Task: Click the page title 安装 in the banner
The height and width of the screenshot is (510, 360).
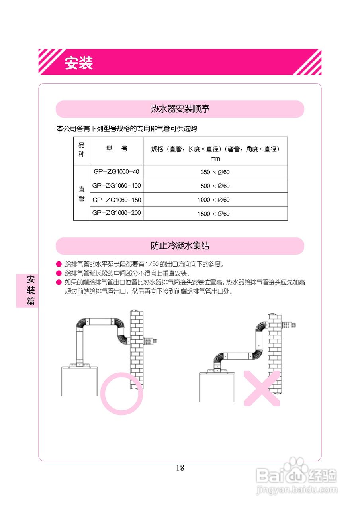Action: coord(79,63)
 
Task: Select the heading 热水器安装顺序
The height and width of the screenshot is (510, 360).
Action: coord(180,109)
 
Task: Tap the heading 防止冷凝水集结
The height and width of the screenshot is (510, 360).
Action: coord(180,246)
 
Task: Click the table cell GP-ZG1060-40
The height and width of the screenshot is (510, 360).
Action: coord(116,172)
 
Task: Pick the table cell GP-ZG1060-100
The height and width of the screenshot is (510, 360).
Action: coord(116,186)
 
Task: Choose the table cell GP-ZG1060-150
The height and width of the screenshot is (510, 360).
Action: coord(116,199)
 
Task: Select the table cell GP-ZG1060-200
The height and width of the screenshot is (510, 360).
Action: coord(116,213)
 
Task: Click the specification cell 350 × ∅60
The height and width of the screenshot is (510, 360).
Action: coord(215,173)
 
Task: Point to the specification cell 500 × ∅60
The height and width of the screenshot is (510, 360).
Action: coord(215,186)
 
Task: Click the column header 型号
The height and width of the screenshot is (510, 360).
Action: coord(116,149)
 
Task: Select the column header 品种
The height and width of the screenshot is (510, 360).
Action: coord(82,150)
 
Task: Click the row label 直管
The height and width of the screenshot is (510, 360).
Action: coord(82,194)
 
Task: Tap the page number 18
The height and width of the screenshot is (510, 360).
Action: coord(180,468)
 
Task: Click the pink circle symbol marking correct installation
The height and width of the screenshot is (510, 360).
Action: coord(121,393)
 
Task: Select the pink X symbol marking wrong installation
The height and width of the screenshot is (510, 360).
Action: coord(262,388)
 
